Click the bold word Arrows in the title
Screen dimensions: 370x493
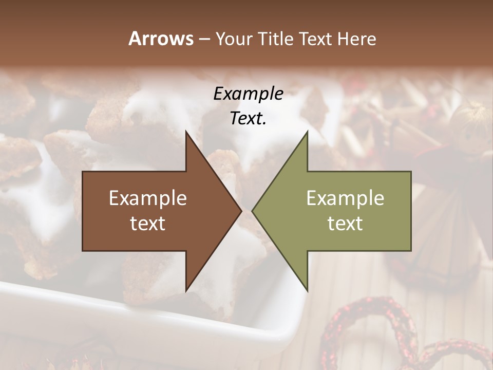click(161, 39)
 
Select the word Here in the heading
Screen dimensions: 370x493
click(357, 39)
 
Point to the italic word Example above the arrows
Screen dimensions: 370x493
click(248, 94)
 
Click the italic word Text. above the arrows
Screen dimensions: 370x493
click(248, 119)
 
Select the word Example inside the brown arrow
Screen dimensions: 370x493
click(148, 198)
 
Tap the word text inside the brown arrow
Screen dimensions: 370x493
click(148, 224)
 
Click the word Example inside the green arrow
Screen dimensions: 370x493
click(345, 198)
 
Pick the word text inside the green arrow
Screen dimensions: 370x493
click(345, 224)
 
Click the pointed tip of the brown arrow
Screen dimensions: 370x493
click(241, 211)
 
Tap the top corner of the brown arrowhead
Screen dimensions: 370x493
click(186, 132)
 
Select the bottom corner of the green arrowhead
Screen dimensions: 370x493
click(307, 290)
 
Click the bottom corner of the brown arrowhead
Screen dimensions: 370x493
click(186, 290)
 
